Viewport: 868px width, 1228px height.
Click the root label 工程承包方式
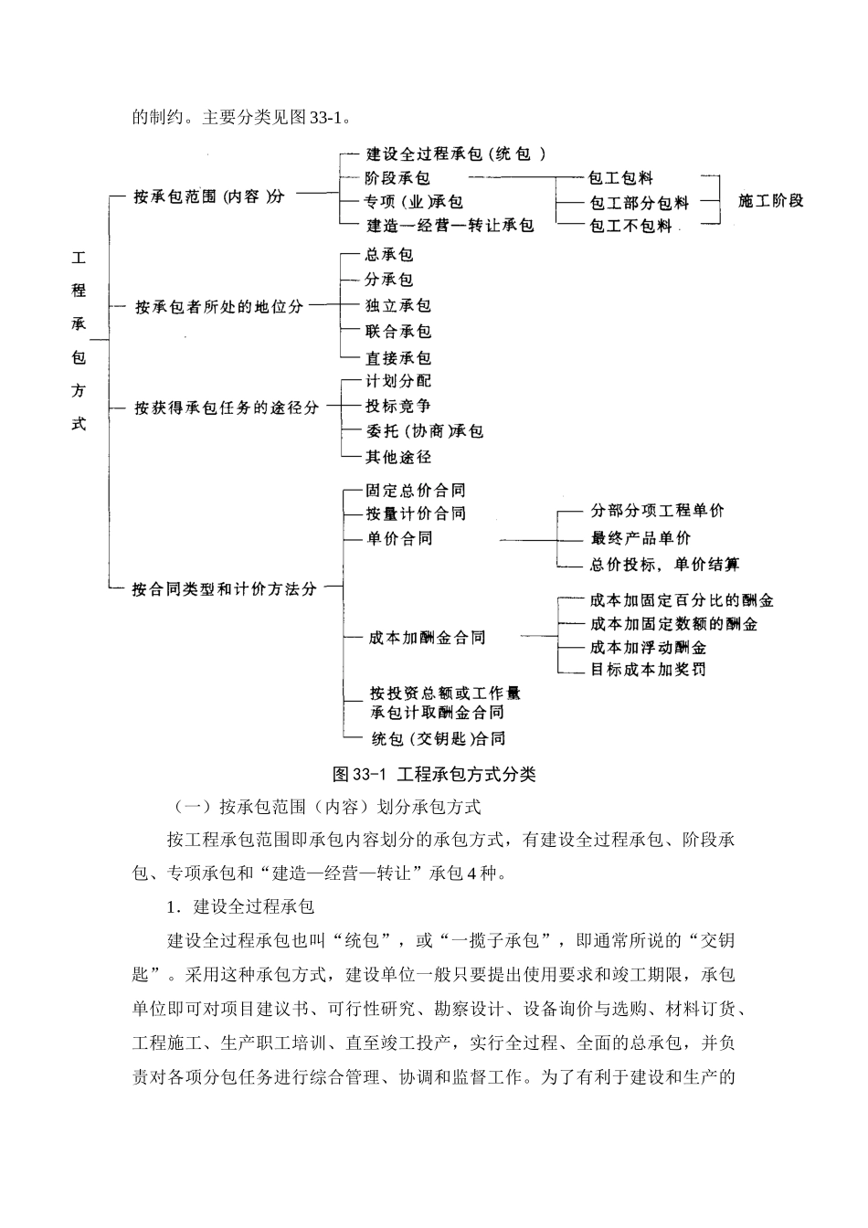(x=79, y=341)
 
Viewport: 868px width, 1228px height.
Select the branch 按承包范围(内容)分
(x=208, y=196)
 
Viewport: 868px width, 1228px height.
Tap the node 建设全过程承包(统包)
(x=456, y=154)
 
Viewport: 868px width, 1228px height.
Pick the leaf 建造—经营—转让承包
(x=450, y=225)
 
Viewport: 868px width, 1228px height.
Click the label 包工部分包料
(x=639, y=203)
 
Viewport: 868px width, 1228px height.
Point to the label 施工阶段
(x=770, y=201)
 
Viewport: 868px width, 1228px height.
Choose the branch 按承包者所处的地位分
(x=219, y=307)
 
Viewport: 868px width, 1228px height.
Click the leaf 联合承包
(x=398, y=332)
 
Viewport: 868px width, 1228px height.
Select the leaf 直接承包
(x=398, y=358)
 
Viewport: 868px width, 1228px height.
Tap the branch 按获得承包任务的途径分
(x=227, y=408)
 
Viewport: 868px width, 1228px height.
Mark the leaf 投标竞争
(x=398, y=406)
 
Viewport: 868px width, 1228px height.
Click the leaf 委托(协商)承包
(x=425, y=431)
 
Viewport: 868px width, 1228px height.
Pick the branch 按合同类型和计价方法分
(x=225, y=589)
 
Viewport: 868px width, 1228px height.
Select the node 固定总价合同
(x=416, y=491)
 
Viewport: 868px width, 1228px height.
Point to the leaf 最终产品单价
(x=640, y=538)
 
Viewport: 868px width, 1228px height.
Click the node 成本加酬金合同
(x=427, y=638)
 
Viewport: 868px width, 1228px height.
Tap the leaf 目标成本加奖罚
(x=648, y=670)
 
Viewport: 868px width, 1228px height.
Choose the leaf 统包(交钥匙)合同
(x=438, y=738)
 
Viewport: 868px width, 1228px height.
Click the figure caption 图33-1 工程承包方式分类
(x=435, y=775)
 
